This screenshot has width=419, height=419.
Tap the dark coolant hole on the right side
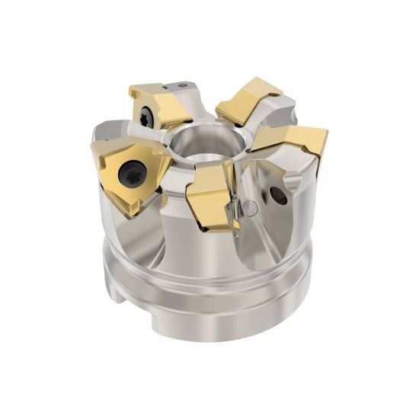[279, 197]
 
